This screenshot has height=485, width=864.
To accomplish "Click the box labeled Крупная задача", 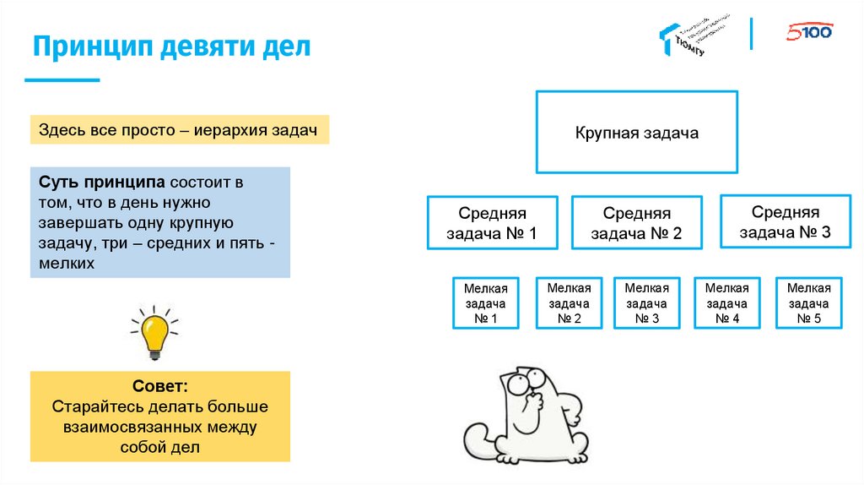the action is tap(636, 133).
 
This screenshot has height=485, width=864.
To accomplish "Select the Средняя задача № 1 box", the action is tap(492, 223).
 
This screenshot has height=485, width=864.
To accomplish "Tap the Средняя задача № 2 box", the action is tap(636, 223).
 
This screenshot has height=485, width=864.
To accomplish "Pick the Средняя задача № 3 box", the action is tap(785, 221).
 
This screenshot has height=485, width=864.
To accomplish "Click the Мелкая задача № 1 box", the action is tap(485, 303).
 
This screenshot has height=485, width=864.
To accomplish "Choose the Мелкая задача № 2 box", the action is tap(568, 303).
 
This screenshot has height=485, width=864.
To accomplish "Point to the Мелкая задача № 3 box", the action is tap(646, 303).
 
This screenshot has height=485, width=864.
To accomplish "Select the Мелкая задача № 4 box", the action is tap(726, 303).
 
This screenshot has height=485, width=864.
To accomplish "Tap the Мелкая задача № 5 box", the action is tap(808, 303).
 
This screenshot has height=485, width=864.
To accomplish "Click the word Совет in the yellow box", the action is tap(159, 387).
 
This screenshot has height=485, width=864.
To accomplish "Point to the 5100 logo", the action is tap(809, 32).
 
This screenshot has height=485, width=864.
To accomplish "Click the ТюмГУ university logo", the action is tap(692, 35).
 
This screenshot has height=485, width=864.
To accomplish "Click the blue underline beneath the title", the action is tap(62, 80).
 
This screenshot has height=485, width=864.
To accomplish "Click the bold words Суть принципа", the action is tap(101, 183).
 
